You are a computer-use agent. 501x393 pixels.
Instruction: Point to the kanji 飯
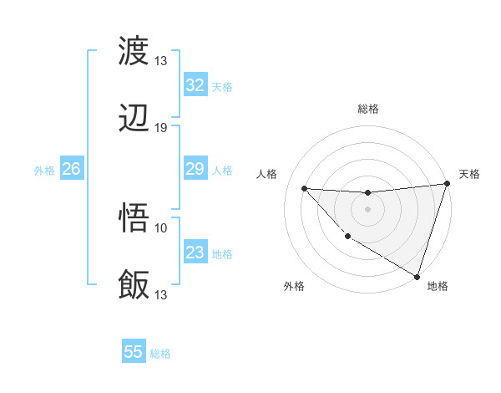pos(134,285)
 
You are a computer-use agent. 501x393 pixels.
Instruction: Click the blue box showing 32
pos(195,85)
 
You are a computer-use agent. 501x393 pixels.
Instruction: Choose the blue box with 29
pos(195,170)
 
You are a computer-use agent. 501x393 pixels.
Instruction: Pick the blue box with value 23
pos(195,253)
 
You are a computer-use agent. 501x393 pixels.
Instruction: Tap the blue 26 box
pos(71,170)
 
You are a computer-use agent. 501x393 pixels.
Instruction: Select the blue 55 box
pos(134,352)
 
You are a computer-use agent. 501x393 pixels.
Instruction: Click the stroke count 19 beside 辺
pos(160,128)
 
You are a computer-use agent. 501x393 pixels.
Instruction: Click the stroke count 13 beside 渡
pos(160,60)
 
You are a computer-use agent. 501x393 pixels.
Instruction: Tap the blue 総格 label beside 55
pos(160,354)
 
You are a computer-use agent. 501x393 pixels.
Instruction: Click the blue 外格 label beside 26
pos(44,171)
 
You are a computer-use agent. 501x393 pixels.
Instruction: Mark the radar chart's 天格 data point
pos(447,185)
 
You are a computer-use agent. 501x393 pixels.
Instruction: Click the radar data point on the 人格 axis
pos(304,188)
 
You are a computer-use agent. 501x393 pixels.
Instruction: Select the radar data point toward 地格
pos(417,275)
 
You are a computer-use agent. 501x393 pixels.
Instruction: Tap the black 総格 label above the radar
pos(368,109)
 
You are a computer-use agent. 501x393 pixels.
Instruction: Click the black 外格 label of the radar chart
pos(294,287)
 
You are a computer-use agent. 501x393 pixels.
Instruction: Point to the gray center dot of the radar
pos(367,209)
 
